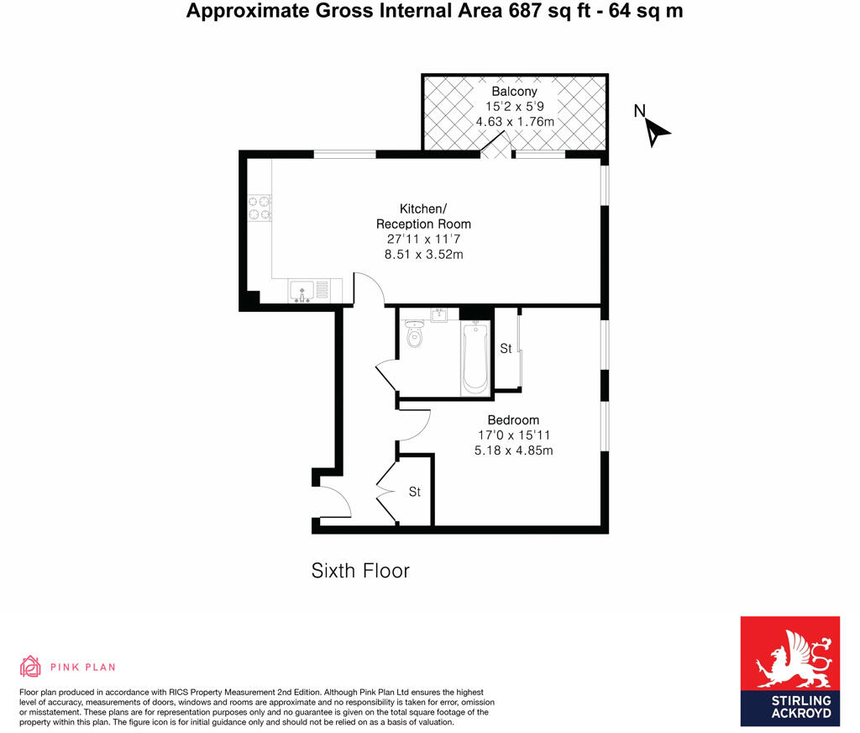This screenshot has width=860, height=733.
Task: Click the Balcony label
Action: [x=514, y=91]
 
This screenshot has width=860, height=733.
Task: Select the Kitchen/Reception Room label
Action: [x=423, y=216]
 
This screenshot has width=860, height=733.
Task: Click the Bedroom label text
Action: [x=513, y=419]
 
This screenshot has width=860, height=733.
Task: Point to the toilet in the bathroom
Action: [x=414, y=335]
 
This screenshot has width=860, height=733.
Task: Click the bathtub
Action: [x=475, y=358]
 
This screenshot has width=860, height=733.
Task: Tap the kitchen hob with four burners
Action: [x=260, y=208]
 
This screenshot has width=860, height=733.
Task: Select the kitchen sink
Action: [x=302, y=291]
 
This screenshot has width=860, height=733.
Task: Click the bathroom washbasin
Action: [x=439, y=315]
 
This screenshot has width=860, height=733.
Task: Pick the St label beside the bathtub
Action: [x=506, y=348]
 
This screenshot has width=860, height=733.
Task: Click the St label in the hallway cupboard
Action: [x=415, y=492]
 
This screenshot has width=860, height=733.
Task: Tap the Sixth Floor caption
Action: [x=360, y=571]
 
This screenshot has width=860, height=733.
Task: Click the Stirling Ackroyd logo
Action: [x=789, y=671]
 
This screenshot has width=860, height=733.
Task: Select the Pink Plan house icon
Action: [x=30, y=667]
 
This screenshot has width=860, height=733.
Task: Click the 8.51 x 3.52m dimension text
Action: [x=423, y=255]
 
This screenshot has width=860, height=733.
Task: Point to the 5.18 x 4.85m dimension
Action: [x=513, y=450]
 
